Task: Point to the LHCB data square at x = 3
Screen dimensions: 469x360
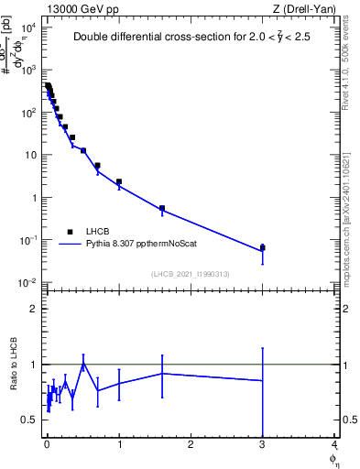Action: tap(263, 247)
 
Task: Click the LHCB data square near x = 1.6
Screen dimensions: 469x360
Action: tap(162, 208)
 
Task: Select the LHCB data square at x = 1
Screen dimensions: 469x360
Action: tap(119, 181)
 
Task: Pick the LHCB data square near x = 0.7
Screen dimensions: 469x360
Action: tap(97, 166)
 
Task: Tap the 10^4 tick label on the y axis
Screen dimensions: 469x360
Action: tap(28, 27)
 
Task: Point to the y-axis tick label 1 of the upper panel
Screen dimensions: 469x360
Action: tap(34, 197)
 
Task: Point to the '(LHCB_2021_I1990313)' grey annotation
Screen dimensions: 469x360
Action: tap(190, 273)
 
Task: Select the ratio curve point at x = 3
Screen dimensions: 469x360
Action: tap(263, 380)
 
